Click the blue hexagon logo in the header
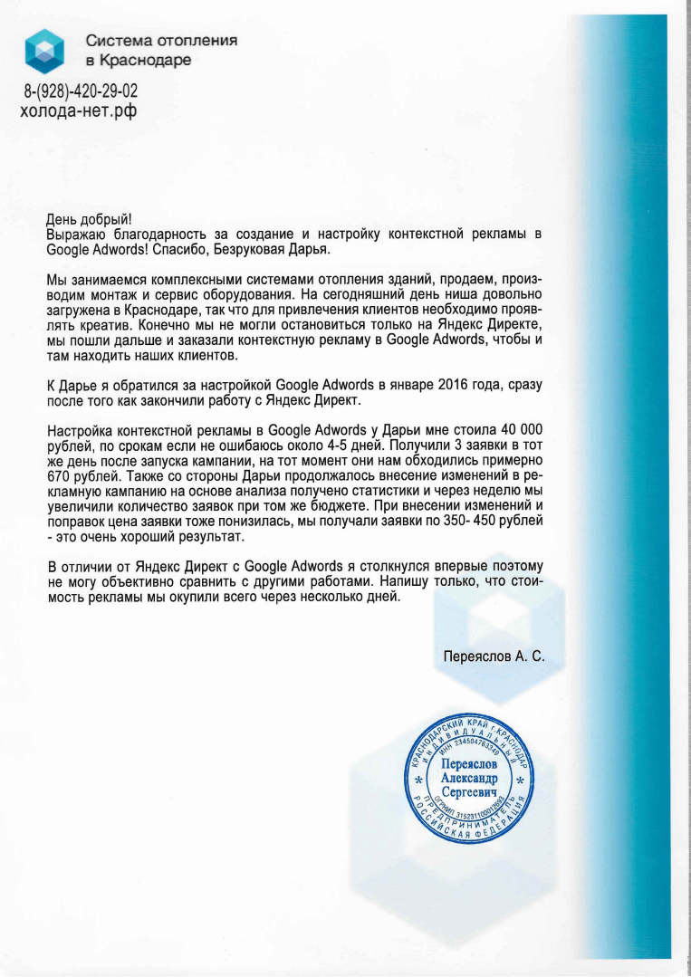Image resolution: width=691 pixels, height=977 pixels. pos(44,50)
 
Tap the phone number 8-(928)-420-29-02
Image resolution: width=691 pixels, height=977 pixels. pos(81,92)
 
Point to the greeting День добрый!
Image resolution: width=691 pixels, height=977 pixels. pos(89,218)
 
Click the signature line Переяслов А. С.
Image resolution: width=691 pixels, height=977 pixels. pos(494,655)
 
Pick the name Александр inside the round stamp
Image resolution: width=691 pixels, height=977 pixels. pos(468,778)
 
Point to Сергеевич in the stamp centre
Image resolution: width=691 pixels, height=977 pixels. pos(468,792)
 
